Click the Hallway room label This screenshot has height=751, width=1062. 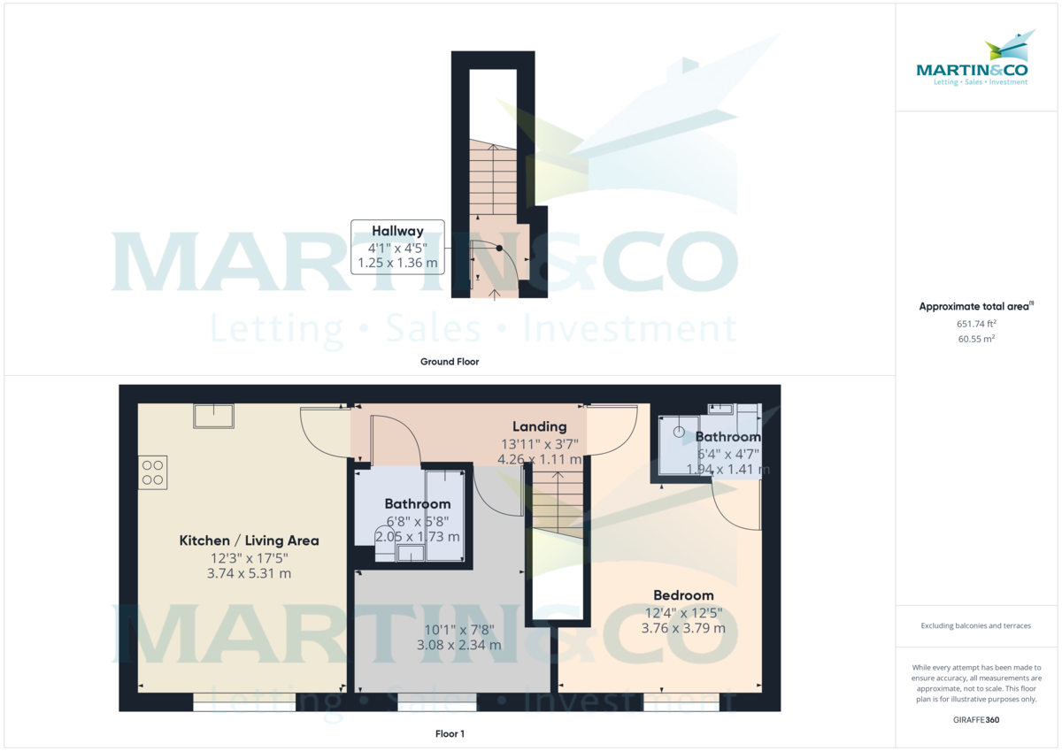click(397, 232)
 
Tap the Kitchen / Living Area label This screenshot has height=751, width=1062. click(249, 540)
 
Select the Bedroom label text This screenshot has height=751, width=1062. click(683, 595)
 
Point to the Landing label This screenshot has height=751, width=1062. click(539, 427)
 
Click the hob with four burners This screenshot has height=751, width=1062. click(152, 472)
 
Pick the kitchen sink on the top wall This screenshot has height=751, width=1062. click(213, 416)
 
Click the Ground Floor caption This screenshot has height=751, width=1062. click(450, 362)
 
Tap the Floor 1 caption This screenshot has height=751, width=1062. click(450, 734)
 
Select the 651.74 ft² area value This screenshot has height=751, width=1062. click(976, 324)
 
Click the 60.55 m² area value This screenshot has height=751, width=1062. click(976, 339)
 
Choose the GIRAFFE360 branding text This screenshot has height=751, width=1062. click(976, 720)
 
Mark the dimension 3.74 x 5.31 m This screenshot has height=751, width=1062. click(249, 573)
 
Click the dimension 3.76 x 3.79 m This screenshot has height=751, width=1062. click(683, 628)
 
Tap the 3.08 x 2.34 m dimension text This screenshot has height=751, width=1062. click(458, 645)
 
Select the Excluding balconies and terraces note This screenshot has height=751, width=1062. click(976, 625)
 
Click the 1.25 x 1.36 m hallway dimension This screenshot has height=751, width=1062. click(397, 264)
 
